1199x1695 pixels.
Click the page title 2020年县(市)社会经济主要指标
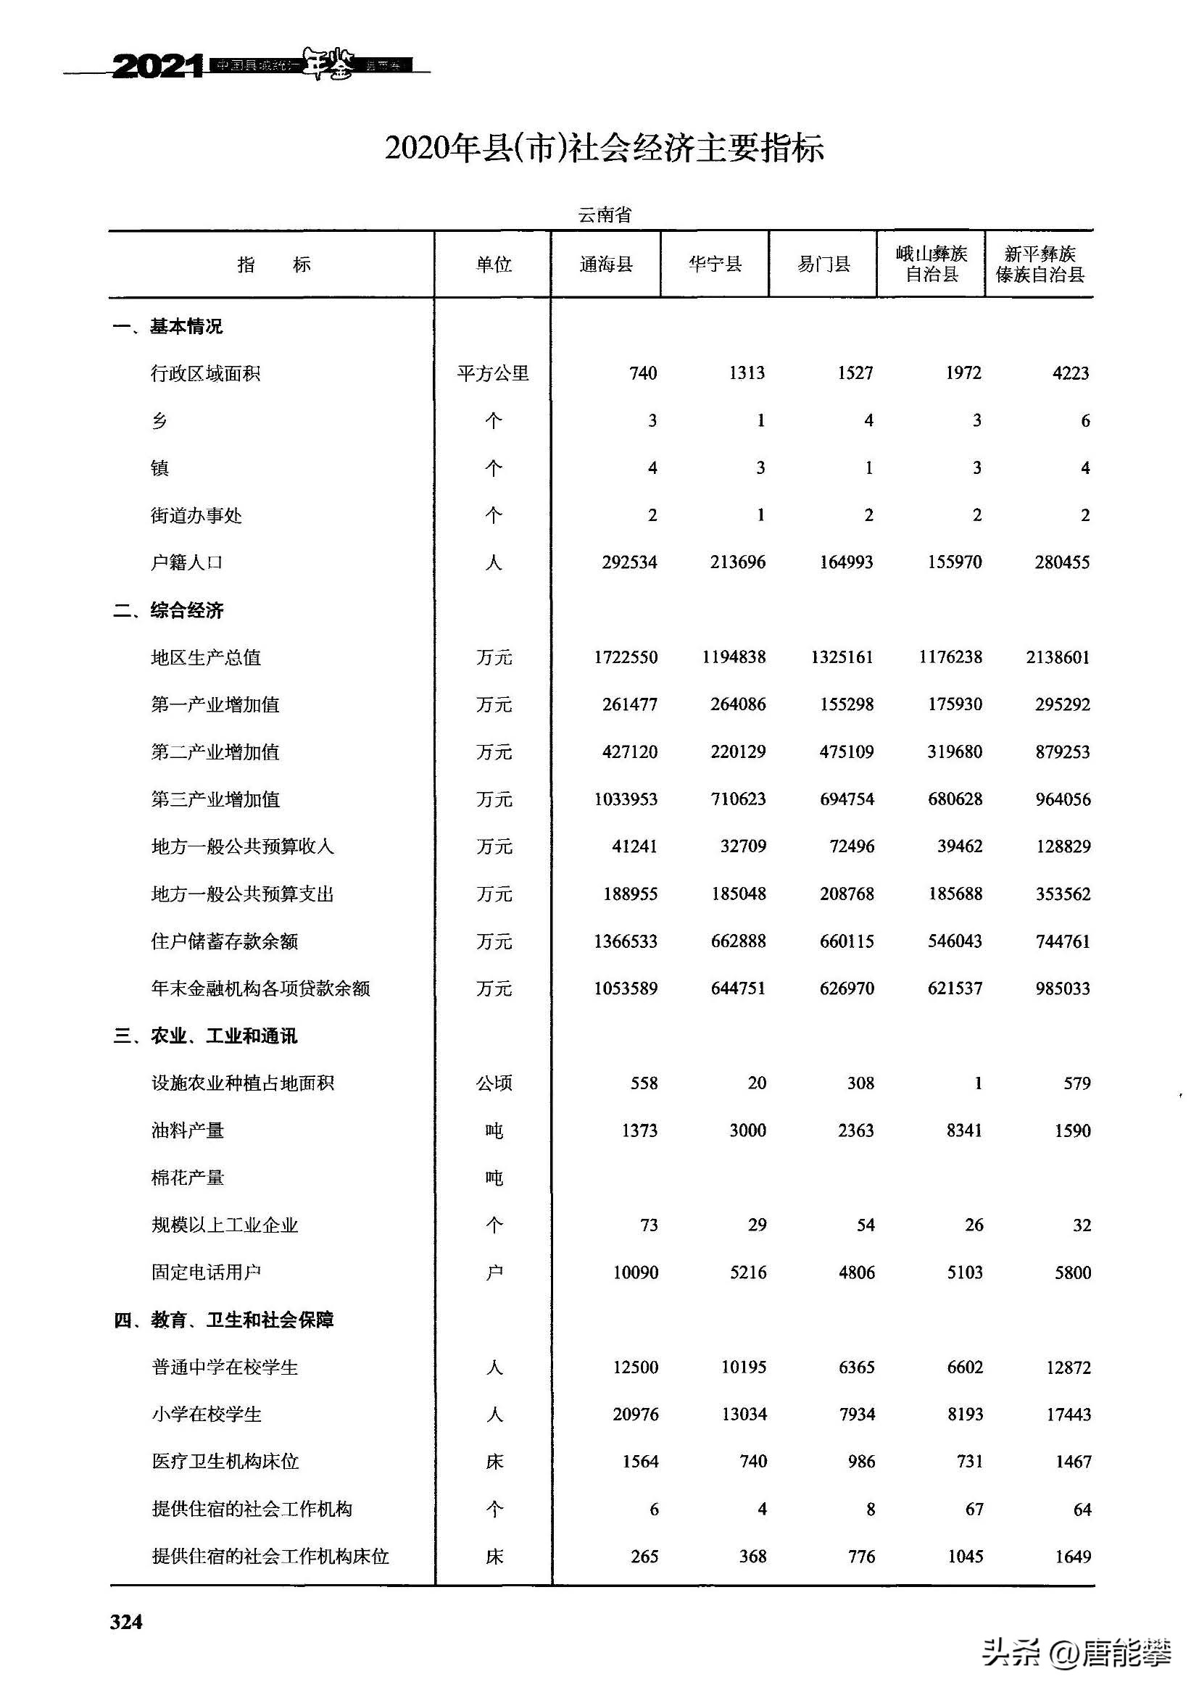(x=604, y=149)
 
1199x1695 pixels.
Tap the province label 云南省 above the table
(x=605, y=215)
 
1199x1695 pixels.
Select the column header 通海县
(x=605, y=265)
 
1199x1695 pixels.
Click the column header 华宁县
(x=715, y=265)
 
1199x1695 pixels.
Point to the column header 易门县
(x=823, y=265)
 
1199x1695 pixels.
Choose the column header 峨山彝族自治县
(x=931, y=265)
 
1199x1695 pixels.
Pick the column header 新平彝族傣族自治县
(x=1040, y=265)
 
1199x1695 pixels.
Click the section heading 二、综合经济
(x=167, y=610)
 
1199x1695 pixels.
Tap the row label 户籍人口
(x=187, y=562)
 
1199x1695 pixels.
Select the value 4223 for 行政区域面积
(x=1071, y=373)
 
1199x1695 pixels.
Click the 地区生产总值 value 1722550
(x=626, y=657)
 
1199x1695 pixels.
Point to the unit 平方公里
(x=492, y=373)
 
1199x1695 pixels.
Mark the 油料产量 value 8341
(x=964, y=1130)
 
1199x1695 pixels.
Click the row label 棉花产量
(x=188, y=1178)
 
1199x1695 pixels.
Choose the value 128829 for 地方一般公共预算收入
(x=1063, y=846)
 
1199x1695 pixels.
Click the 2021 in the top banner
(x=157, y=67)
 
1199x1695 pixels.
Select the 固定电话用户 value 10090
(x=635, y=1272)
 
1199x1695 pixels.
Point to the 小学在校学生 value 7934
(x=856, y=1415)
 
